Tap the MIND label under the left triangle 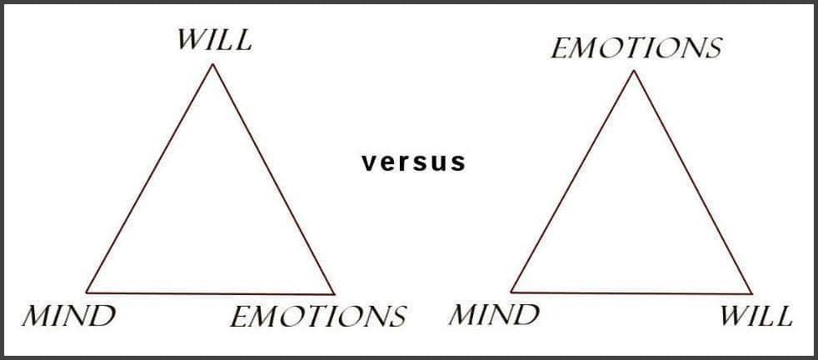68,316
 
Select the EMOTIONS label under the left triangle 318,317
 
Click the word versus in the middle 413,162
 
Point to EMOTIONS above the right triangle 636,48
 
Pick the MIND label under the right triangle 493,315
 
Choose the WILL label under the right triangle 756,316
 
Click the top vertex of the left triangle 213,64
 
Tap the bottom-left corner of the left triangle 87,292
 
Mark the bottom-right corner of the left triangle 334,293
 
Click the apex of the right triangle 634,71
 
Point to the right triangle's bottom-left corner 511,292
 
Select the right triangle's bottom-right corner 751,293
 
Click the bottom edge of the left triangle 210,292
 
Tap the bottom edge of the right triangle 631,292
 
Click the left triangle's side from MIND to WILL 150,178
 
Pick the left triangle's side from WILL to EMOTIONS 274,179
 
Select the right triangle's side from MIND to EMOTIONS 572,182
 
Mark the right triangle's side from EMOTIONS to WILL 693,182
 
